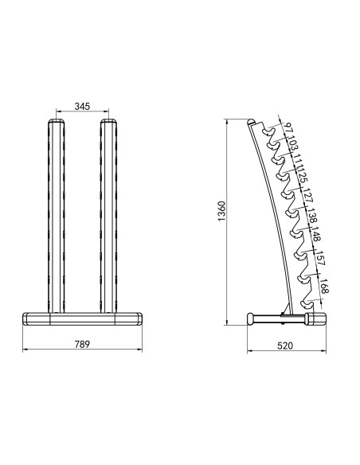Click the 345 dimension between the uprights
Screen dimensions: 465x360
81,105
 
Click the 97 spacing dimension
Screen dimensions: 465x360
288,130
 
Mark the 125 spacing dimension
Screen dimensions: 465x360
303,177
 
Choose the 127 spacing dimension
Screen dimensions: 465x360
307,196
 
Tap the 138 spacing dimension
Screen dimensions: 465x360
312,216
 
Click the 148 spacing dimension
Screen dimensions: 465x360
317,236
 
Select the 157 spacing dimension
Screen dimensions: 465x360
321,260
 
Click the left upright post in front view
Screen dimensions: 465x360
56,215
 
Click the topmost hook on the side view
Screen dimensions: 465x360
272,137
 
